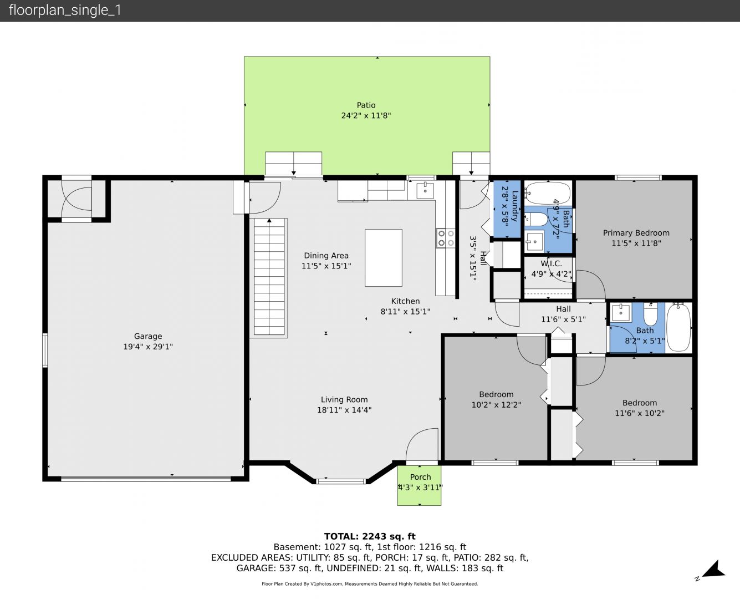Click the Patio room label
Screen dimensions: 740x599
coord(366,105)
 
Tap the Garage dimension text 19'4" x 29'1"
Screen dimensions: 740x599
coord(148,347)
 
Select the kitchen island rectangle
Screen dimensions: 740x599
coord(384,257)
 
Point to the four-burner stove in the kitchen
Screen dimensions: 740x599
coord(446,238)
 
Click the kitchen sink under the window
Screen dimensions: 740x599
coord(425,190)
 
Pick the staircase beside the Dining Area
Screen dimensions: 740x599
coord(269,277)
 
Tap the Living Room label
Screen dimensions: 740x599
coord(344,399)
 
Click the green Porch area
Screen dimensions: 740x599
coord(419,485)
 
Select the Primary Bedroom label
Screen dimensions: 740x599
coord(636,233)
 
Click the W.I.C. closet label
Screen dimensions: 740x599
coord(552,263)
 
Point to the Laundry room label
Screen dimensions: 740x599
coord(515,206)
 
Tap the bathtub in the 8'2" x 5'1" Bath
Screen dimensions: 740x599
coord(678,327)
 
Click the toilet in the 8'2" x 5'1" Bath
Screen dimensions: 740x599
coord(650,314)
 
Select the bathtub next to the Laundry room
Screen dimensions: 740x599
coord(548,192)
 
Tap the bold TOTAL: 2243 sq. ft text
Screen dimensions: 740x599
coord(370,536)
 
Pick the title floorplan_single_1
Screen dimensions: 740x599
coord(65,10)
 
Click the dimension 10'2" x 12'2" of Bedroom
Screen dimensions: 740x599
coord(496,405)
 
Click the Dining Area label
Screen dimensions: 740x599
coord(326,256)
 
